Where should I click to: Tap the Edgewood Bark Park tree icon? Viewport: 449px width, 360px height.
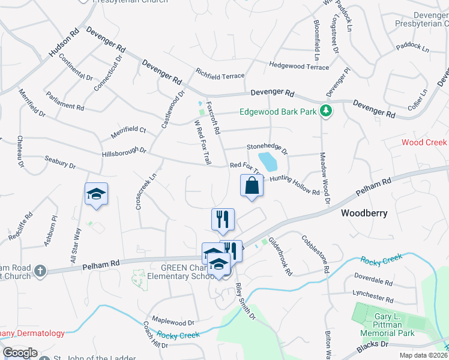pos(326,111)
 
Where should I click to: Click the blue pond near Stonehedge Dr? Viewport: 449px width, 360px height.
pos(268,161)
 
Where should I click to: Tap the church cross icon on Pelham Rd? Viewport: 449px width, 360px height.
pos(40,270)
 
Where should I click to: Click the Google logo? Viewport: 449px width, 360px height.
pos(20,353)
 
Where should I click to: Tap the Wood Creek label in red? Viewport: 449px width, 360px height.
pos(424,142)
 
